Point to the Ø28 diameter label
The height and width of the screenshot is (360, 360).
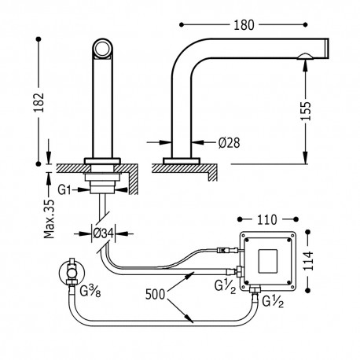point(229,142)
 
